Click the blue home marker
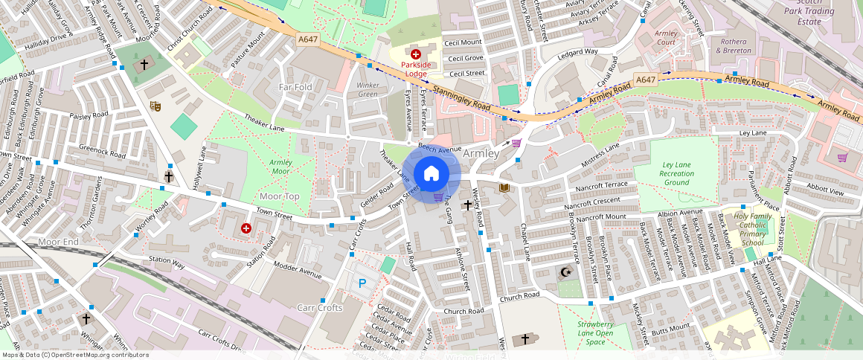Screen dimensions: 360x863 pos(431,174)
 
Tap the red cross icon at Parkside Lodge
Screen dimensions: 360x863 pos(416,54)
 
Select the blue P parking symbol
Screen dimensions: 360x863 pos(362,283)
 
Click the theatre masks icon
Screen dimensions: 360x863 pos(155,106)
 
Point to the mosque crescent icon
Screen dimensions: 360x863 pos(566,273)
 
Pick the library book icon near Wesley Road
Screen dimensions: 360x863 pos(505,187)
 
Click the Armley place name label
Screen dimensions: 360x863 pos(481,153)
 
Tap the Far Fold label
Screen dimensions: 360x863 pos(295,87)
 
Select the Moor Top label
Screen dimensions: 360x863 pos(279,196)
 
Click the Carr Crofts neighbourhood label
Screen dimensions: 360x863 pos(320,308)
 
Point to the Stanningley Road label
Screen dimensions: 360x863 pos(461,99)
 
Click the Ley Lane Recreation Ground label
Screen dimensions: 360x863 pos(677,173)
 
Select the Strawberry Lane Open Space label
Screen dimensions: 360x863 pos(595,333)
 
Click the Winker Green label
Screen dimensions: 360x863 pos(368,90)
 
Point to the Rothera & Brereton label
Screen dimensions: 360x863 pos(733,46)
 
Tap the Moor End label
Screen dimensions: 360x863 pos(58,242)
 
